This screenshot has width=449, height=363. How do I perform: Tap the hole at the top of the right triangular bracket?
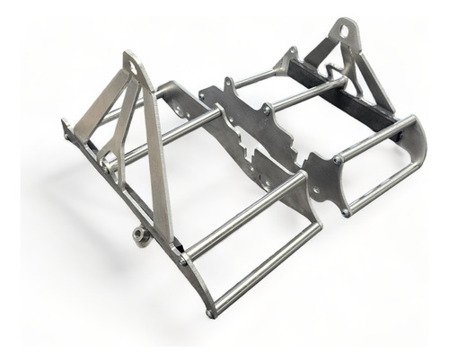click(x=343, y=33)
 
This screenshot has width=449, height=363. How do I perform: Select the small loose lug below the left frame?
click(x=139, y=235)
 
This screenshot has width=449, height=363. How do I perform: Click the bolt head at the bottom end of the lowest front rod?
click(x=211, y=314)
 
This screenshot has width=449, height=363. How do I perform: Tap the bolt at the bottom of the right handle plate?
click(x=347, y=213)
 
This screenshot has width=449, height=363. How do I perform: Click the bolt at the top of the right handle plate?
click(x=336, y=160)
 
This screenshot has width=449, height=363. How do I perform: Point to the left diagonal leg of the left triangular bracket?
click(x=99, y=108)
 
